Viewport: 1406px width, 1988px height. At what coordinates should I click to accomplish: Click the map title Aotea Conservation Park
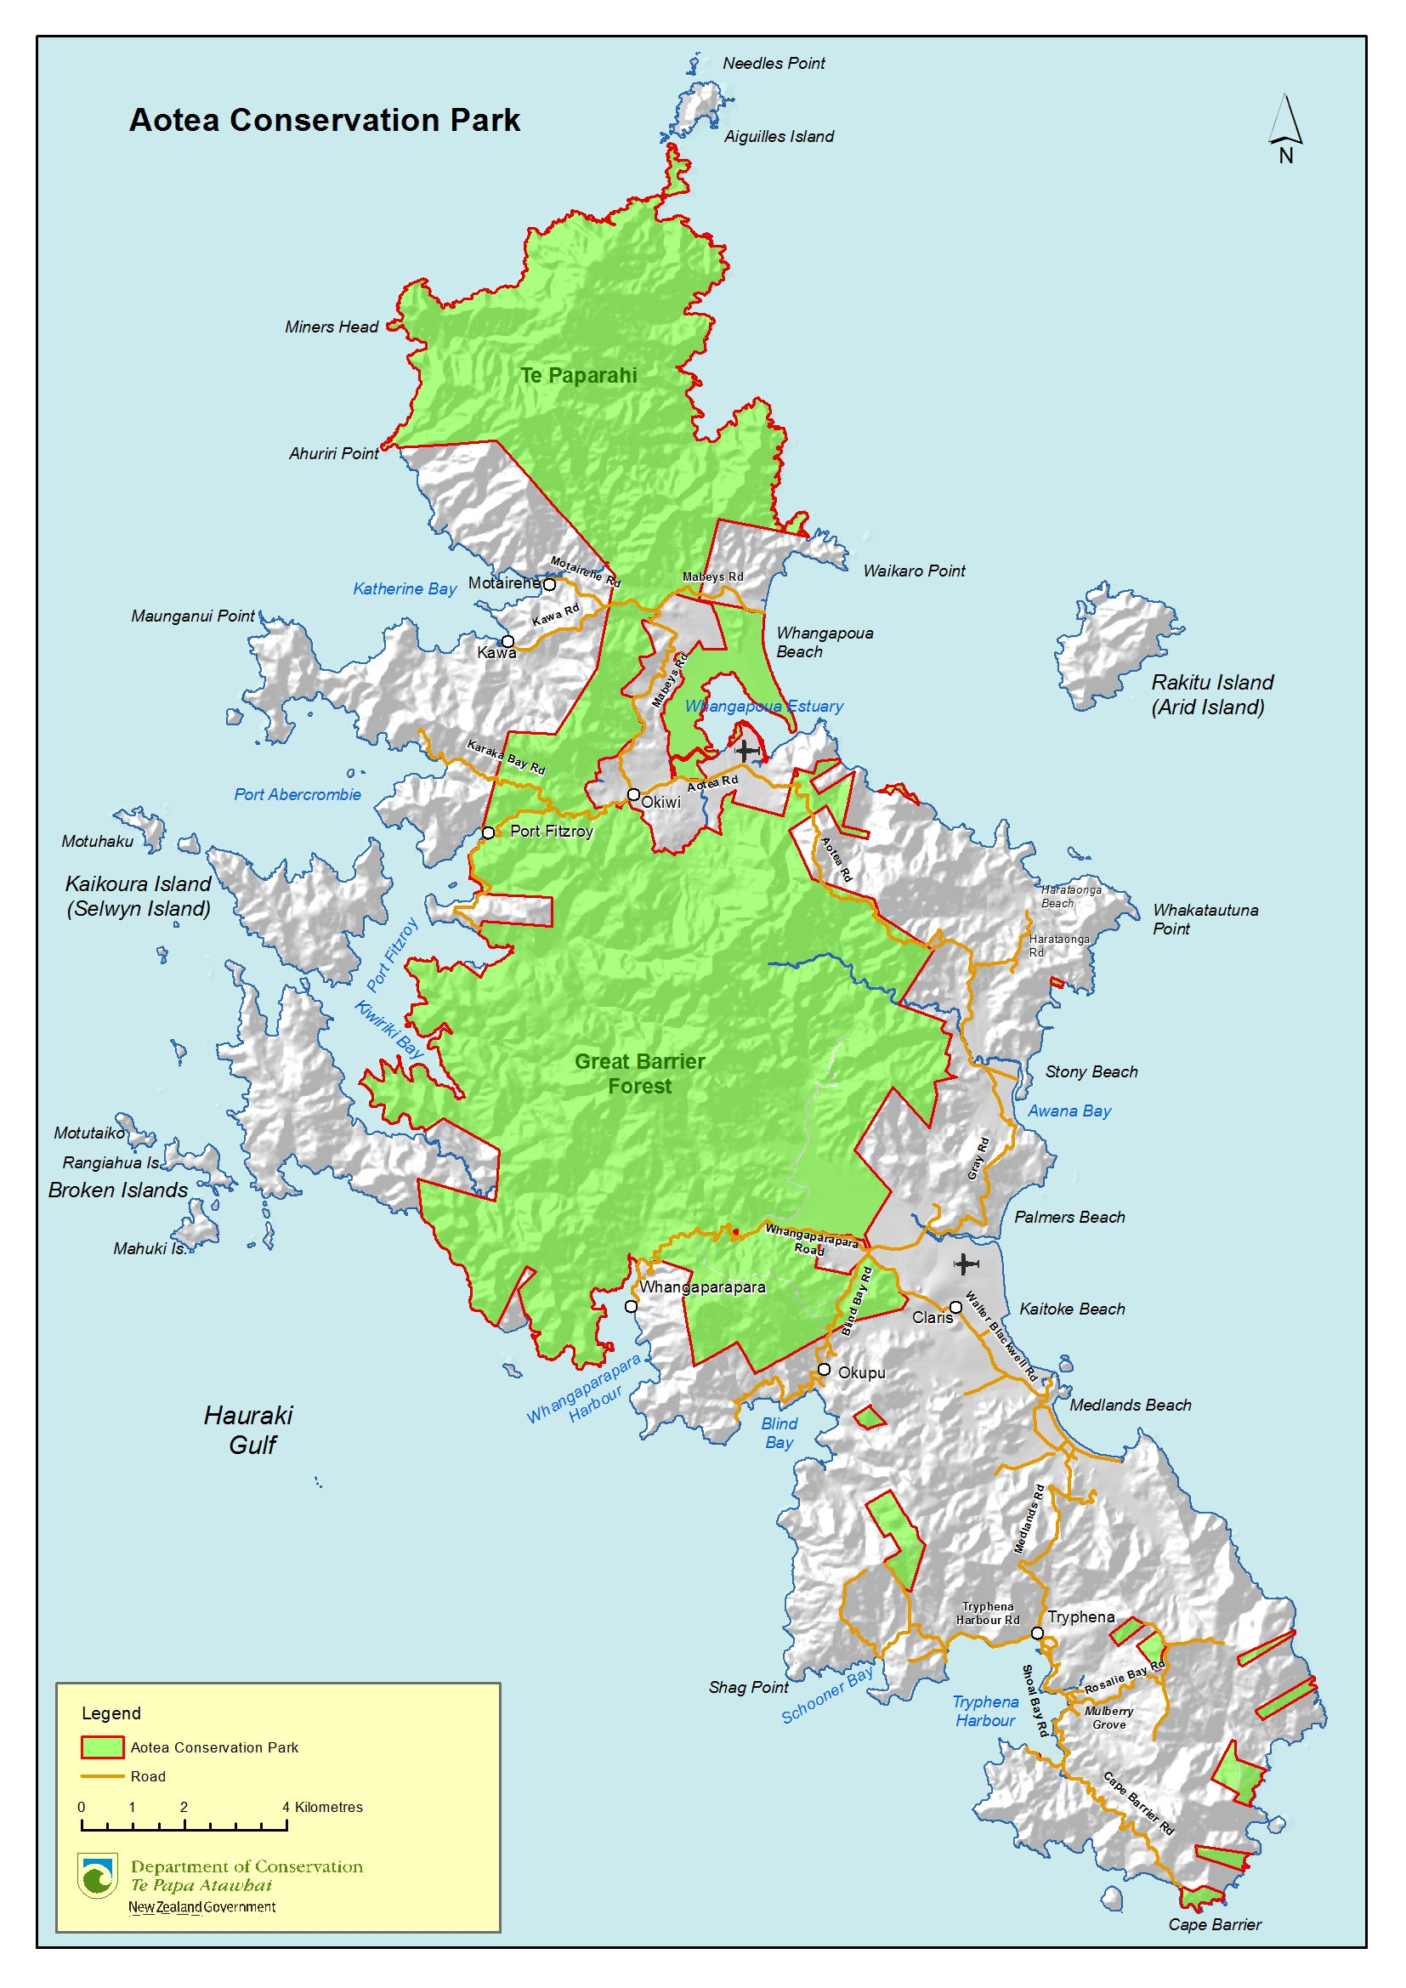(325, 120)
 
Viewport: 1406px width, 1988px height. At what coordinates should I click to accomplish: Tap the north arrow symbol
(1285, 122)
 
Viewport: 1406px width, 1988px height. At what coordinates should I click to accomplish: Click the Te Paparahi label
(578, 375)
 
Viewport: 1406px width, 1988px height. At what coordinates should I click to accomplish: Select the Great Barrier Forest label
(640, 1073)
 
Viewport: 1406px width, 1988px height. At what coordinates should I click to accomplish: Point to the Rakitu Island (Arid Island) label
(1211, 695)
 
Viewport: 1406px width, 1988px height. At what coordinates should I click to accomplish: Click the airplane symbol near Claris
(967, 1264)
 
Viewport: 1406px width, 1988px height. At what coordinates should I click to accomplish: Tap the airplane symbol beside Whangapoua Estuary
(746, 750)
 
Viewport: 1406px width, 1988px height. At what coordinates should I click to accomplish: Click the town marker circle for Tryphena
(1037, 1633)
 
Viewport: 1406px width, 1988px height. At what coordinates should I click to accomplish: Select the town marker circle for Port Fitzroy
(488, 832)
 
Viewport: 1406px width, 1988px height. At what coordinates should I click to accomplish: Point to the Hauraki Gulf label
(248, 1429)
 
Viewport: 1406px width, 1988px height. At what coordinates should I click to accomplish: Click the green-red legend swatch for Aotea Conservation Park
(102, 1747)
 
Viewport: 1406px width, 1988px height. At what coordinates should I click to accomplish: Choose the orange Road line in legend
(102, 1776)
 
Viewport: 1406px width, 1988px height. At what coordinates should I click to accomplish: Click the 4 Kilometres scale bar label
(322, 1807)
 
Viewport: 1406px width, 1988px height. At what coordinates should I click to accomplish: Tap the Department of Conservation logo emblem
(97, 1876)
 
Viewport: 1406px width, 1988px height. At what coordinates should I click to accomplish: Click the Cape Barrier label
(1214, 1924)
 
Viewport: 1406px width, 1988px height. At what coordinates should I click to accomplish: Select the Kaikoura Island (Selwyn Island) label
(139, 895)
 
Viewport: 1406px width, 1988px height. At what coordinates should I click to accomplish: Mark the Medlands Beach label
(1130, 1405)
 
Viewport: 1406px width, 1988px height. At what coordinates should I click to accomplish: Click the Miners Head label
(332, 327)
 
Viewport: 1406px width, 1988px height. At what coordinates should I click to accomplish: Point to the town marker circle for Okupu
(825, 1370)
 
